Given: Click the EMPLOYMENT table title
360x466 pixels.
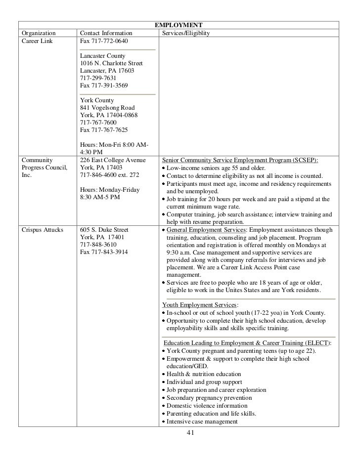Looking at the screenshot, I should tap(179, 25).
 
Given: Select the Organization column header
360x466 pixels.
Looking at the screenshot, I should tap(39, 33).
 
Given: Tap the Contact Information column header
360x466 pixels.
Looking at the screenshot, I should tap(106, 33).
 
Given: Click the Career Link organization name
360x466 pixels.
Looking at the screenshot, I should tap(37, 41).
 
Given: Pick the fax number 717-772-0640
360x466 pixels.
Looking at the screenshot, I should tap(103, 41).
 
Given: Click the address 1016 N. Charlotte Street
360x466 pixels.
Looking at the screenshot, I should tap(111, 63).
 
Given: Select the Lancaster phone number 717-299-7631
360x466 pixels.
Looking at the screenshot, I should tap(98, 78).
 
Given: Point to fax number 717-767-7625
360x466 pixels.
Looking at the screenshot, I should tap(103, 130).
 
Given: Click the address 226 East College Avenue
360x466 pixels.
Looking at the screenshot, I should tap(113, 160).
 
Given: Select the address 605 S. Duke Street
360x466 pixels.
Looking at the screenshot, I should tap(104, 230).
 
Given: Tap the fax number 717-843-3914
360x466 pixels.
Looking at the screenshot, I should tap(103, 252).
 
